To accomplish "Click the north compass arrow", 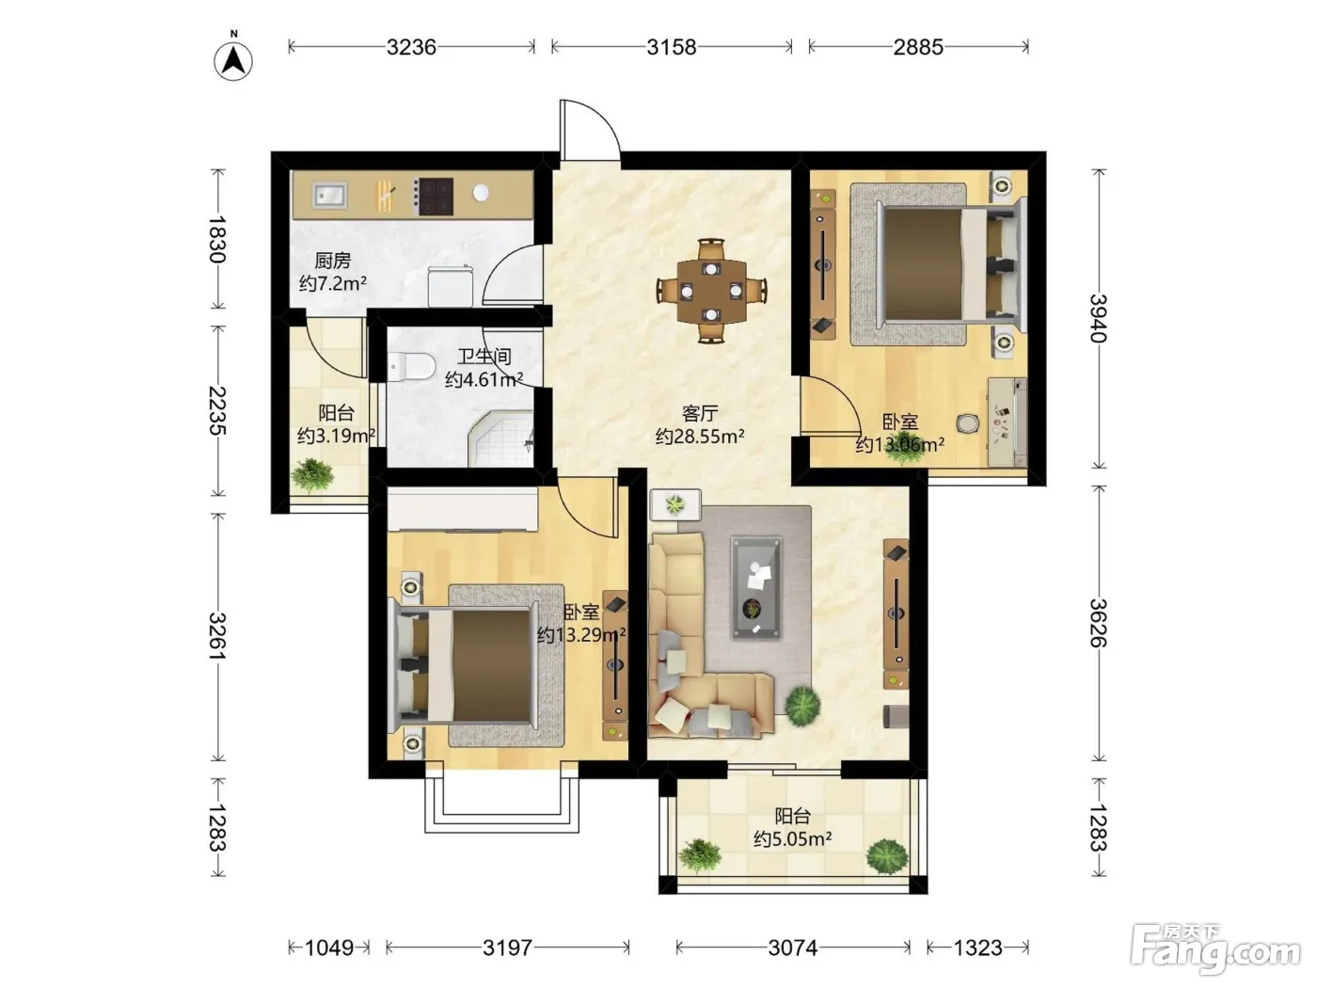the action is [233, 61].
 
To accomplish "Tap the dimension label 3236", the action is [411, 47].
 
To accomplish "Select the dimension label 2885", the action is [918, 47].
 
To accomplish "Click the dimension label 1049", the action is [329, 948].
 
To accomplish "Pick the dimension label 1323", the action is [978, 948].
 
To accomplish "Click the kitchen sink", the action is [329, 196].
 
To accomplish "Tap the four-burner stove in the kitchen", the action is [434, 196].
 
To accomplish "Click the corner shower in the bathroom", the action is [500, 439].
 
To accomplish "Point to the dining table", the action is [711, 291].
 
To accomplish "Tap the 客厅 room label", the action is [700, 413].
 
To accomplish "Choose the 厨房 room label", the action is [332, 261].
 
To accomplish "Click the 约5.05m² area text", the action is [793, 838].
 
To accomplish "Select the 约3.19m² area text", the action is [336, 436].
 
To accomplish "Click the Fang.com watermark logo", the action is [1216, 950].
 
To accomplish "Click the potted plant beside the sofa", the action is [802, 706].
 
